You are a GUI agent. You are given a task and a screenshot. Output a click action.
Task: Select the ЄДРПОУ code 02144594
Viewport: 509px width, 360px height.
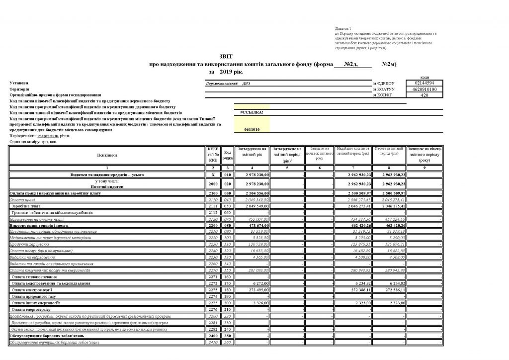click(x=424, y=83)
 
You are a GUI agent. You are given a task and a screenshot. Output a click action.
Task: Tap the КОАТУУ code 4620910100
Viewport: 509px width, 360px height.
click(x=424, y=89)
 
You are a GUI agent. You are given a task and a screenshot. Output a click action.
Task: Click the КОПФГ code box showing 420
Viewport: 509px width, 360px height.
click(x=424, y=95)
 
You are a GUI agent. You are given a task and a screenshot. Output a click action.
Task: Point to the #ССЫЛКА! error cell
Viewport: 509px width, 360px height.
click(x=252, y=112)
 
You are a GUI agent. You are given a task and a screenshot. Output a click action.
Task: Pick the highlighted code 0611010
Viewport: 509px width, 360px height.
click(x=252, y=129)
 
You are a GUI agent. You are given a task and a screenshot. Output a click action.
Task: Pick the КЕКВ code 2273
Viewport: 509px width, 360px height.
click(x=213, y=289)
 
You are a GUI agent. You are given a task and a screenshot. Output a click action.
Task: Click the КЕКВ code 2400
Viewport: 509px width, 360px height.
click(x=213, y=336)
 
